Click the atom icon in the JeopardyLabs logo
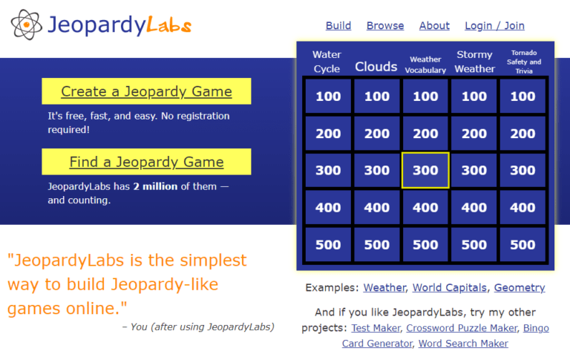(26, 25)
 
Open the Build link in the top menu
(338, 25)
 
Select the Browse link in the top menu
(385, 25)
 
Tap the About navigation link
(434, 25)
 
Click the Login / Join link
(494, 25)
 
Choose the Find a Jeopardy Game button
(146, 162)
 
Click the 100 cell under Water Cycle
(328, 96)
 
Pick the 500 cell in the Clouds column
(377, 245)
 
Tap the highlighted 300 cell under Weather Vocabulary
(425, 171)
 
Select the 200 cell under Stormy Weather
(474, 134)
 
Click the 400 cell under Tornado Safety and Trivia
(522, 208)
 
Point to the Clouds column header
(376, 67)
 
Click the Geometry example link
(519, 287)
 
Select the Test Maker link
(376, 327)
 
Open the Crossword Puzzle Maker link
(461, 327)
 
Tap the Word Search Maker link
(463, 344)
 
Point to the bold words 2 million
(155, 186)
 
